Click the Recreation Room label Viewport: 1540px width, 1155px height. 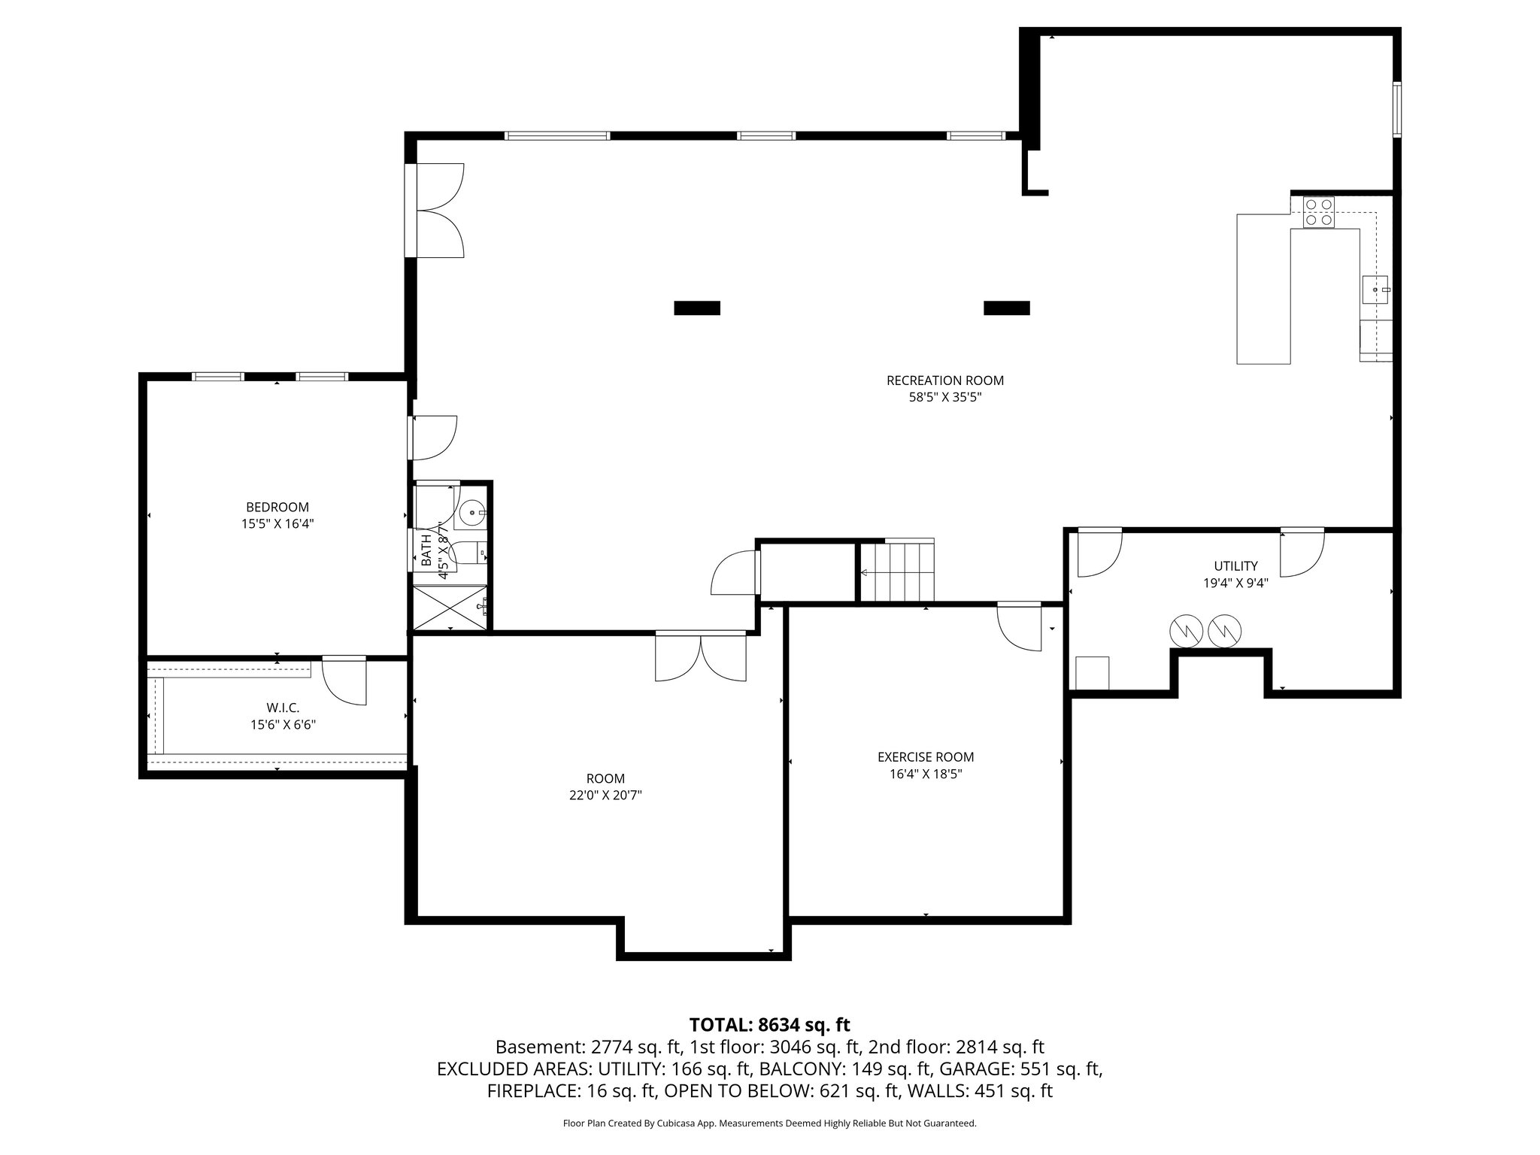pyautogui.click(x=945, y=380)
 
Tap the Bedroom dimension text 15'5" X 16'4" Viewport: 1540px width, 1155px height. pyautogui.click(x=277, y=524)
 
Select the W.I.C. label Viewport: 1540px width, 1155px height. pyautogui.click(x=283, y=708)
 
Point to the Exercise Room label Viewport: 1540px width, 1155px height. pyautogui.click(x=926, y=757)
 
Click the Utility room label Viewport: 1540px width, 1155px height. pyautogui.click(x=1235, y=566)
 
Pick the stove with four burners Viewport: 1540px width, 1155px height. pyautogui.click(x=1318, y=211)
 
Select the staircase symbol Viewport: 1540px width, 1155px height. pyautogui.click(x=897, y=571)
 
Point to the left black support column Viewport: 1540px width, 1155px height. pyautogui.click(x=697, y=308)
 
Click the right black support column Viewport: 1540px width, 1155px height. pyautogui.click(x=1007, y=308)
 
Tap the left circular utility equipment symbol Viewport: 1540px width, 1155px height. pyautogui.click(x=1184, y=632)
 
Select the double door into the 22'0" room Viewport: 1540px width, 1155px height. pyautogui.click(x=701, y=656)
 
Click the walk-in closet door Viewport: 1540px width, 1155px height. pyautogui.click(x=344, y=681)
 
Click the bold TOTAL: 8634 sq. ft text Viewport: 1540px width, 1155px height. pyautogui.click(x=770, y=1025)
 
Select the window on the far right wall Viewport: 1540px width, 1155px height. pyautogui.click(x=1397, y=110)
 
